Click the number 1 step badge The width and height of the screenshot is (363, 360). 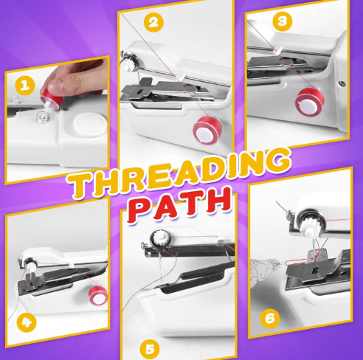[24, 86]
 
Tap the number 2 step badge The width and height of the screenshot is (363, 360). [153, 23]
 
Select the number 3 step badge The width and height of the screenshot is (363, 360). [283, 21]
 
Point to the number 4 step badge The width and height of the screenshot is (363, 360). [27, 322]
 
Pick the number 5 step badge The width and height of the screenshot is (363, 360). [150, 349]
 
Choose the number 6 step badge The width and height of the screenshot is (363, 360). [270, 319]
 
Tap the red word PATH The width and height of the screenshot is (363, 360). [179, 204]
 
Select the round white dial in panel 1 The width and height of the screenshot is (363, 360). [90, 124]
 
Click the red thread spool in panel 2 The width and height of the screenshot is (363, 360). [207, 131]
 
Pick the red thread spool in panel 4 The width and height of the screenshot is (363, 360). [98, 295]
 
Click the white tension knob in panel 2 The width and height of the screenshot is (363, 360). [129, 63]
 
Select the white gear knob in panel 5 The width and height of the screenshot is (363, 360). [160, 238]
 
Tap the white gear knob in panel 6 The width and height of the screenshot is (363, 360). [309, 224]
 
